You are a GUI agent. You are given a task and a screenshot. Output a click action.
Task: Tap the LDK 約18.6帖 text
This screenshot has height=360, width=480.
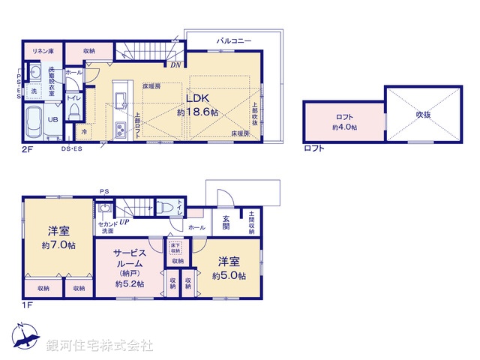(198, 105)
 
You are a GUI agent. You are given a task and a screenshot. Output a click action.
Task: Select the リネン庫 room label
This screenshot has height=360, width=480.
(40, 50)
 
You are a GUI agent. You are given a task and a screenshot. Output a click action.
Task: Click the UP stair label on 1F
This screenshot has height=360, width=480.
(124, 223)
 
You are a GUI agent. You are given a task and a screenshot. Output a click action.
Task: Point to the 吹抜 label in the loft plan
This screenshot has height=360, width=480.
(424, 114)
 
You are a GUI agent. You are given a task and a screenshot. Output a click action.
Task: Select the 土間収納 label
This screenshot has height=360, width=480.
(251, 222)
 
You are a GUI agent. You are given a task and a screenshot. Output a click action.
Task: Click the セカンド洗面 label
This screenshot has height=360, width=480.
(106, 227)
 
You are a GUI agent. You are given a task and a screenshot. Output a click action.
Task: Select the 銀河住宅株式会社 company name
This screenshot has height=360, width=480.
(100, 346)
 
